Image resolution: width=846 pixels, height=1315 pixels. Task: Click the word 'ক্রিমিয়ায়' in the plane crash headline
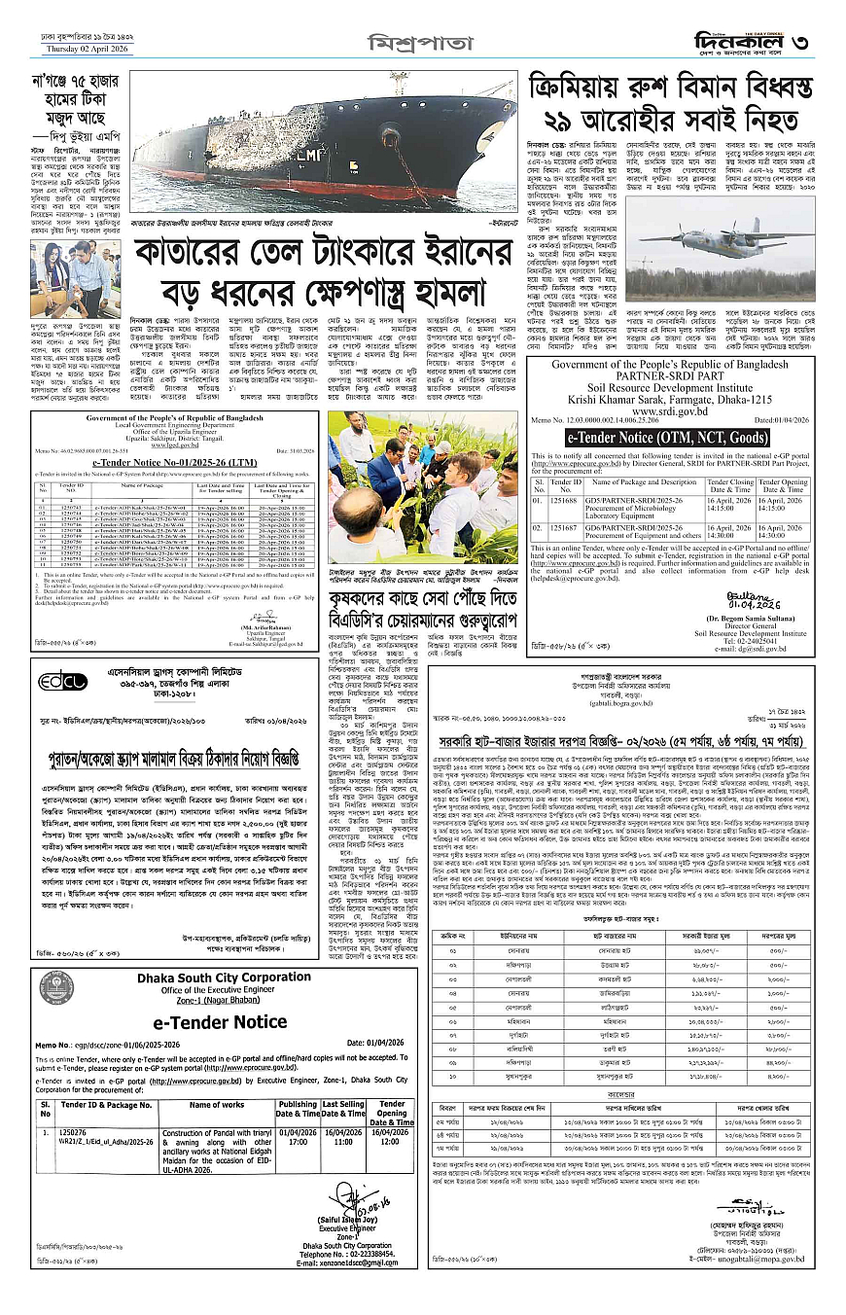(583, 89)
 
